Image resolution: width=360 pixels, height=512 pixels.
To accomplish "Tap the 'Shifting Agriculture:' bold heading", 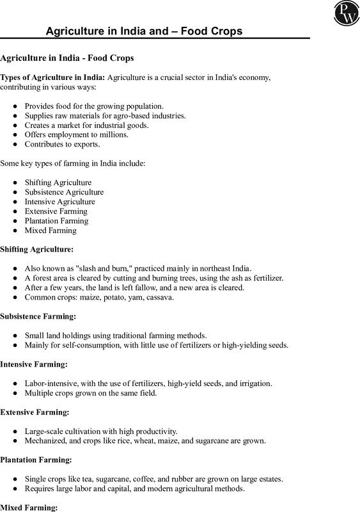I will coord(37,248).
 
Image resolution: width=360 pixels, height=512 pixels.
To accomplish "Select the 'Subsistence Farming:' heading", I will coord(38,316).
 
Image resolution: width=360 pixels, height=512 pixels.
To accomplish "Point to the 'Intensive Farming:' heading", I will coord(34,364).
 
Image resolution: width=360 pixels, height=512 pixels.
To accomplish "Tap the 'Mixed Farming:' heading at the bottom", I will coord(29,508).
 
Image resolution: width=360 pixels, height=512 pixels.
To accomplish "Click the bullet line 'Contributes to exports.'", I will coord(63,145).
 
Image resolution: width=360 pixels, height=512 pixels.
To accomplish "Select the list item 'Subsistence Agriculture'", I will coord(64,192).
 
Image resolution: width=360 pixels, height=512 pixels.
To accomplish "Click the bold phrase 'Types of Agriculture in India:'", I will coord(53,77).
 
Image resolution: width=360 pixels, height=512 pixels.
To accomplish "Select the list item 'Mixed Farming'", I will coord(51,230).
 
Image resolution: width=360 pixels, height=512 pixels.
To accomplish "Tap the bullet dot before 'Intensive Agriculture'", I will coord(15,202).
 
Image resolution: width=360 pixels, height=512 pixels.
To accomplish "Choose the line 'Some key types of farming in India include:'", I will coord(73,164).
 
